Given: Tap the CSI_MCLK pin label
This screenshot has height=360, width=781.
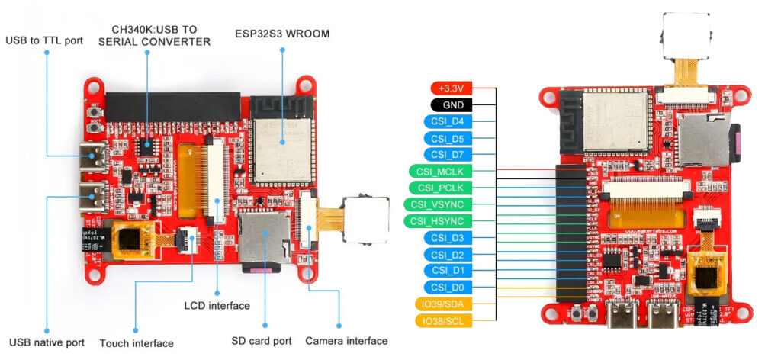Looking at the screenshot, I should pos(441,172).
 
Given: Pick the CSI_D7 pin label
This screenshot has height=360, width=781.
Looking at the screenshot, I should pos(448,155).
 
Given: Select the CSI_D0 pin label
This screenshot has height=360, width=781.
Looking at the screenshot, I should pos(448,288).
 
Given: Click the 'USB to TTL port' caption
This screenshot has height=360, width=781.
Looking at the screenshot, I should pos(45,40).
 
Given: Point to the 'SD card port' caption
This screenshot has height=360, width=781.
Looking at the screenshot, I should pos(261,341).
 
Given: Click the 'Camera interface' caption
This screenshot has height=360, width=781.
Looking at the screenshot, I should pos(346,341).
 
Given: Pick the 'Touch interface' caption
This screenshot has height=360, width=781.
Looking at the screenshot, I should pos(137,343).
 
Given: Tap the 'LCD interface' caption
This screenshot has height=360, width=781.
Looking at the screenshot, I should pos(217,306).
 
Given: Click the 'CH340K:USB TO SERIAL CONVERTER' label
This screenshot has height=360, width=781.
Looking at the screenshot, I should pos(155,34).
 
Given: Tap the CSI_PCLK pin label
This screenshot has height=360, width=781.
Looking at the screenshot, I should pos(441,188).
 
